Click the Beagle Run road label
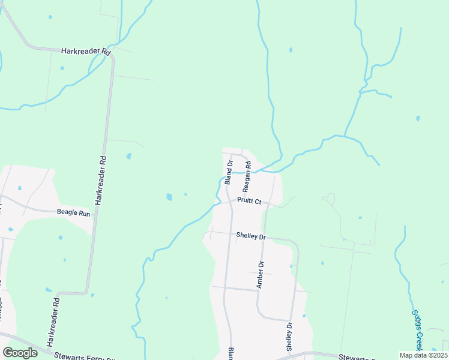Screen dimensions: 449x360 (x=73, y=212)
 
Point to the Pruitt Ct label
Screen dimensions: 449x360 (x=249, y=201)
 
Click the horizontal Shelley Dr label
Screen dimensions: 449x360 (x=251, y=236)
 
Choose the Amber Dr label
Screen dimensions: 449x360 (x=261, y=274)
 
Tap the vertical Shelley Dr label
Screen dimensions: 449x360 (x=289, y=337)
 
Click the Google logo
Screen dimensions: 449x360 (x=20, y=353)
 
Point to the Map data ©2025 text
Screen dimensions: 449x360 (x=424, y=355)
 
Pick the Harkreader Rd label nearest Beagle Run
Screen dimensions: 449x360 (x=103, y=180)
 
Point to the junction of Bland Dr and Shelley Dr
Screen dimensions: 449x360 (x=228, y=233)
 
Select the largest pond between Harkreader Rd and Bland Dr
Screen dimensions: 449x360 (x=169, y=196)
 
